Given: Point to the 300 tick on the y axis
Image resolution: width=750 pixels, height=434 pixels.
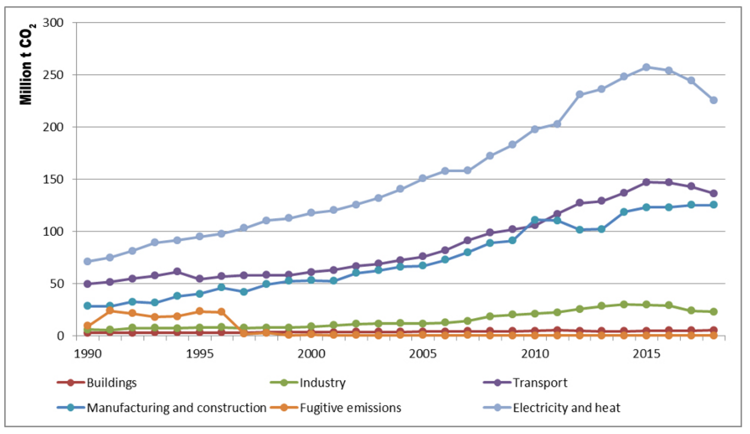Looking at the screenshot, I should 53,23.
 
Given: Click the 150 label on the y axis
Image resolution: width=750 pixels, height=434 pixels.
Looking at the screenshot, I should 53,180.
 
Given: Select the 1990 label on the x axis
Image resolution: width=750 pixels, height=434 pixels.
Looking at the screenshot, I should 88,354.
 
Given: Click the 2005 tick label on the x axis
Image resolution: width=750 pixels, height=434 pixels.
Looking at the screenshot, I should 423,354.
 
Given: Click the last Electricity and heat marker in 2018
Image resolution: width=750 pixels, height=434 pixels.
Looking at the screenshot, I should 713,100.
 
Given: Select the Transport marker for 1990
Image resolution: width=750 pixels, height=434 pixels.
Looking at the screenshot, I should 88,284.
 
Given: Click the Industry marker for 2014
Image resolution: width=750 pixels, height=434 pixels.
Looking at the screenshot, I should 624,304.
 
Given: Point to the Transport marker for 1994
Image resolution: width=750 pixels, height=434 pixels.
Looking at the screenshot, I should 177,271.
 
